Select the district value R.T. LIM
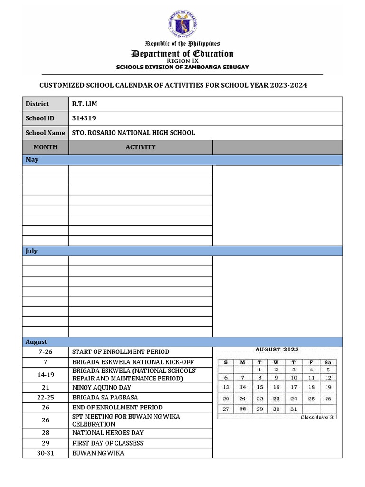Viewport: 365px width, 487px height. [x=85, y=104]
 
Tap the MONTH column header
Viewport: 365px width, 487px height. [x=45, y=147]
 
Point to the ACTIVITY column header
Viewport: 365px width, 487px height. [x=140, y=147]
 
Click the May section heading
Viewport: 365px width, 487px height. [x=31, y=160]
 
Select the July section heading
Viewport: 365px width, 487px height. [x=31, y=251]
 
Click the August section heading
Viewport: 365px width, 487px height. [x=36, y=342]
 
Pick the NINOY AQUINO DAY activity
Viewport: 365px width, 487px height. [x=102, y=388]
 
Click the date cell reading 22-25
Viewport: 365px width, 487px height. [x=46, y=397]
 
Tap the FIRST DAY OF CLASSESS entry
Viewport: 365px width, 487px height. [x=107, y=443]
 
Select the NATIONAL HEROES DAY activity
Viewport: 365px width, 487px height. [x=107, y=433]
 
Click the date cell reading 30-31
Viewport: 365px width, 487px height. [x=46, y=453]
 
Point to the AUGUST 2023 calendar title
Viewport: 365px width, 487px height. [x=277, y=350]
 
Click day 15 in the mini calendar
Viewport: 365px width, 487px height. [x=260, y=388]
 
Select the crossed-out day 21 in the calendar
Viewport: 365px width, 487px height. [x=243, y=399]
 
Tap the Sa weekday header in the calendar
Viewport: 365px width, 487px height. [x=328, y=362]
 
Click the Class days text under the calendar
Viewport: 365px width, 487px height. [x=317, y=417]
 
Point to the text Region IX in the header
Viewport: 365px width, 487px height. [x=182, y=61]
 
